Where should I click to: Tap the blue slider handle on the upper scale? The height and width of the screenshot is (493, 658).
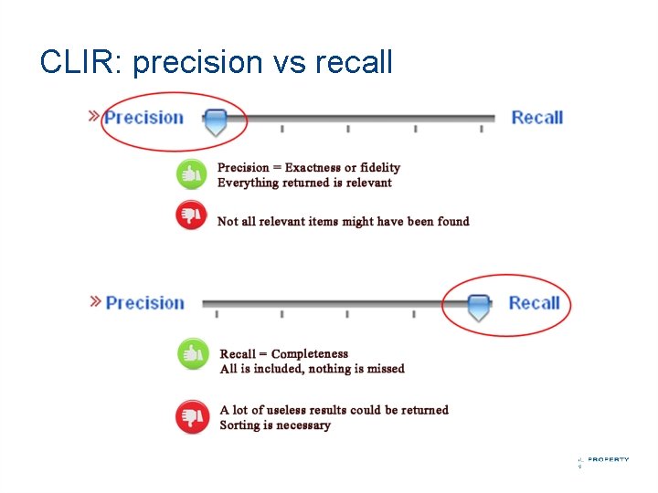coord(215,121)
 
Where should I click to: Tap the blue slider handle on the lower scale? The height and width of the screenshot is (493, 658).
coord(478,307)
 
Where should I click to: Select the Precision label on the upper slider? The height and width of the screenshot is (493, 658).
coord(143,117)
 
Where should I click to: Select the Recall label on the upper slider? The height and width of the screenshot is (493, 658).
coord(536,117)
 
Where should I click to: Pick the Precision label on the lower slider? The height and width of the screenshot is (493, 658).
coord(144,303)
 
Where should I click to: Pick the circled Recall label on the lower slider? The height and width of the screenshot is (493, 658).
coord(534,303)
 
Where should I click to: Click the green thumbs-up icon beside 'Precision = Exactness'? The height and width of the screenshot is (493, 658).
coord(191,173)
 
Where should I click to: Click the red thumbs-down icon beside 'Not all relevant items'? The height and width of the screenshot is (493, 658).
coord(191,215)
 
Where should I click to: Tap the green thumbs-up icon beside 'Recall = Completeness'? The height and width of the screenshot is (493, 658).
coord(192,354)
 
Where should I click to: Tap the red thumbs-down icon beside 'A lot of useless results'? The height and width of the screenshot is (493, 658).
coord(192,416)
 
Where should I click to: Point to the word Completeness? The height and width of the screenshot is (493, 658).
coord(310,353)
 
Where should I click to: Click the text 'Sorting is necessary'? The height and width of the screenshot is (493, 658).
coord(275,425)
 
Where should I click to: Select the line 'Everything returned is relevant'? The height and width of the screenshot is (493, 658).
coord(304,183)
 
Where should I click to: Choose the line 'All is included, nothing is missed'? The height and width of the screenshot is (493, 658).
coord(312,369)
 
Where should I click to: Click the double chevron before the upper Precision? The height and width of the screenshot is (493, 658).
coord(93,116)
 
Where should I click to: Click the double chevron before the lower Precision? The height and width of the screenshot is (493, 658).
coord(95,301)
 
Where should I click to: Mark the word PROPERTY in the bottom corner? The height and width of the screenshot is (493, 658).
coord(608,459)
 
